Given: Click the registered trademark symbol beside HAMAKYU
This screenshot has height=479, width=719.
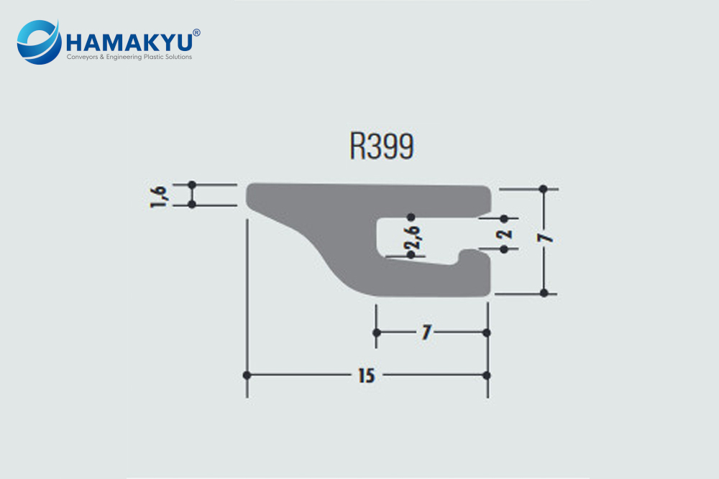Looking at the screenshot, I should coord(197,32).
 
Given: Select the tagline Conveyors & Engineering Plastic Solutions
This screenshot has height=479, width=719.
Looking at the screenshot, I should coord(129,57).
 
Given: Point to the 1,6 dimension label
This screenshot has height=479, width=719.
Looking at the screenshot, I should coord(160,195).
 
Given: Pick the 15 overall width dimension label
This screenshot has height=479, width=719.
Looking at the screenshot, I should coord(365,376).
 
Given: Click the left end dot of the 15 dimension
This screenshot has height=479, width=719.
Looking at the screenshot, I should coord(247,376).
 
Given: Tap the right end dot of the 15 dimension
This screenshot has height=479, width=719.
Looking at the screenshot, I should coord(487,376).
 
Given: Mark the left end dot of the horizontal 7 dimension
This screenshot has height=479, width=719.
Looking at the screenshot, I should coord(376,332).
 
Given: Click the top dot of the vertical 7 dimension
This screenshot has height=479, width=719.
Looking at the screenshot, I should coord(544,189).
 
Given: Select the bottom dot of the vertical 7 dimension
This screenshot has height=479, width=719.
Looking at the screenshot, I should coord(544,293).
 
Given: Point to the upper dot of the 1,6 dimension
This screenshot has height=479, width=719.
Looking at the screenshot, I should coord(192,185).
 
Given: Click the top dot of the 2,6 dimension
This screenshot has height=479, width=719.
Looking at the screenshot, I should coord(411,216).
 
